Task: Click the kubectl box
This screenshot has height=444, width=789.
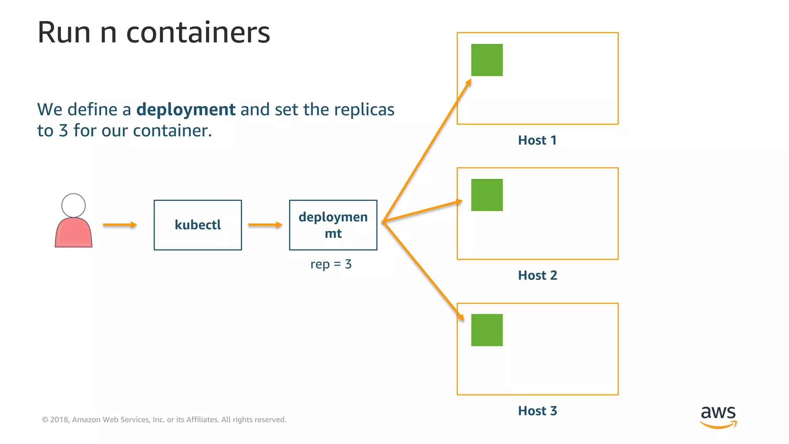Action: coord(198,225)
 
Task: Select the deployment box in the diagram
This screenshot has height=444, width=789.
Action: coord(333,225)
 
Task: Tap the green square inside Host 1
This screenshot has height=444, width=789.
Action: coord(487,60)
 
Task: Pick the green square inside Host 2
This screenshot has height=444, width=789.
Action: coord(487,195)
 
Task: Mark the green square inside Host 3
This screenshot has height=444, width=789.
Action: coord(487,330)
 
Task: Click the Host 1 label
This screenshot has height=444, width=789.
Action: coord(537,140)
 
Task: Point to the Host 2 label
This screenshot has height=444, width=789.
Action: coord(537,276)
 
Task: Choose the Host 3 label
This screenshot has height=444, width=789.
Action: coord(537,411)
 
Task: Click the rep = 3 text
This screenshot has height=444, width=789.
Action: coord(331,264)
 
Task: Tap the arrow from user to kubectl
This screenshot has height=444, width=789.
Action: coord(120,225)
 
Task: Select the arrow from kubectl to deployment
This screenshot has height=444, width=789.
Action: coord(265,225)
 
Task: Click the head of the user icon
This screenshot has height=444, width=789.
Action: coord(74,205)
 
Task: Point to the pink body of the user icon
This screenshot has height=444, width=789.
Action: coord(74,233)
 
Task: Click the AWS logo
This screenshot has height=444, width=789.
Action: coord(718,417)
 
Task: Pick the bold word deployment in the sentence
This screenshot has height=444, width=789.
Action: coord(186,109)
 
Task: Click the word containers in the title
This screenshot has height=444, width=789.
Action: coord(198,32)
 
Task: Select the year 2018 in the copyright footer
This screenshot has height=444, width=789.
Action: coord(59,420)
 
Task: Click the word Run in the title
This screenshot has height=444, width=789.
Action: coord(64,32)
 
